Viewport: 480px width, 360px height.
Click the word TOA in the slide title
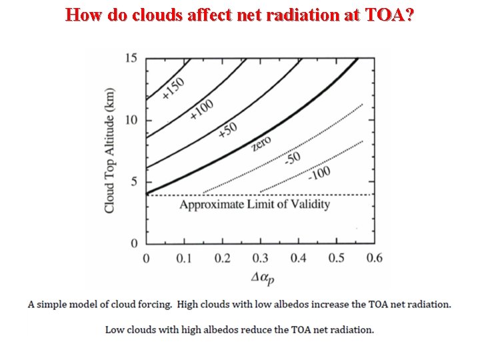(x=383, y=15)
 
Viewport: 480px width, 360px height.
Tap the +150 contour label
(x=174, y=89)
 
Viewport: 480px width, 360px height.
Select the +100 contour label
(x=203, y=108)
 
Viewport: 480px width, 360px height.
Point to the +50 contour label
(x=228, y=131)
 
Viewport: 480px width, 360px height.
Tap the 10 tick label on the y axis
(x=131, y=120)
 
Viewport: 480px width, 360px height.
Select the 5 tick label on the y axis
(x=133, y=182)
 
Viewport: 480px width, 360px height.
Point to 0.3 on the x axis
(x=260, y=259)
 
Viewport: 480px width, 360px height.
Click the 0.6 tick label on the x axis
(x=375, y=259)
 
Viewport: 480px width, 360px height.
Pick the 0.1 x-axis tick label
(x=184, y=259)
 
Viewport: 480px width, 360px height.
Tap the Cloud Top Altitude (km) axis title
(x=110, y=151)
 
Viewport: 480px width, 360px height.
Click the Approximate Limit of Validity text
(x=254, y=205)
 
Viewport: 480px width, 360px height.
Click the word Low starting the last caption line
(x=116, y=329)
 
